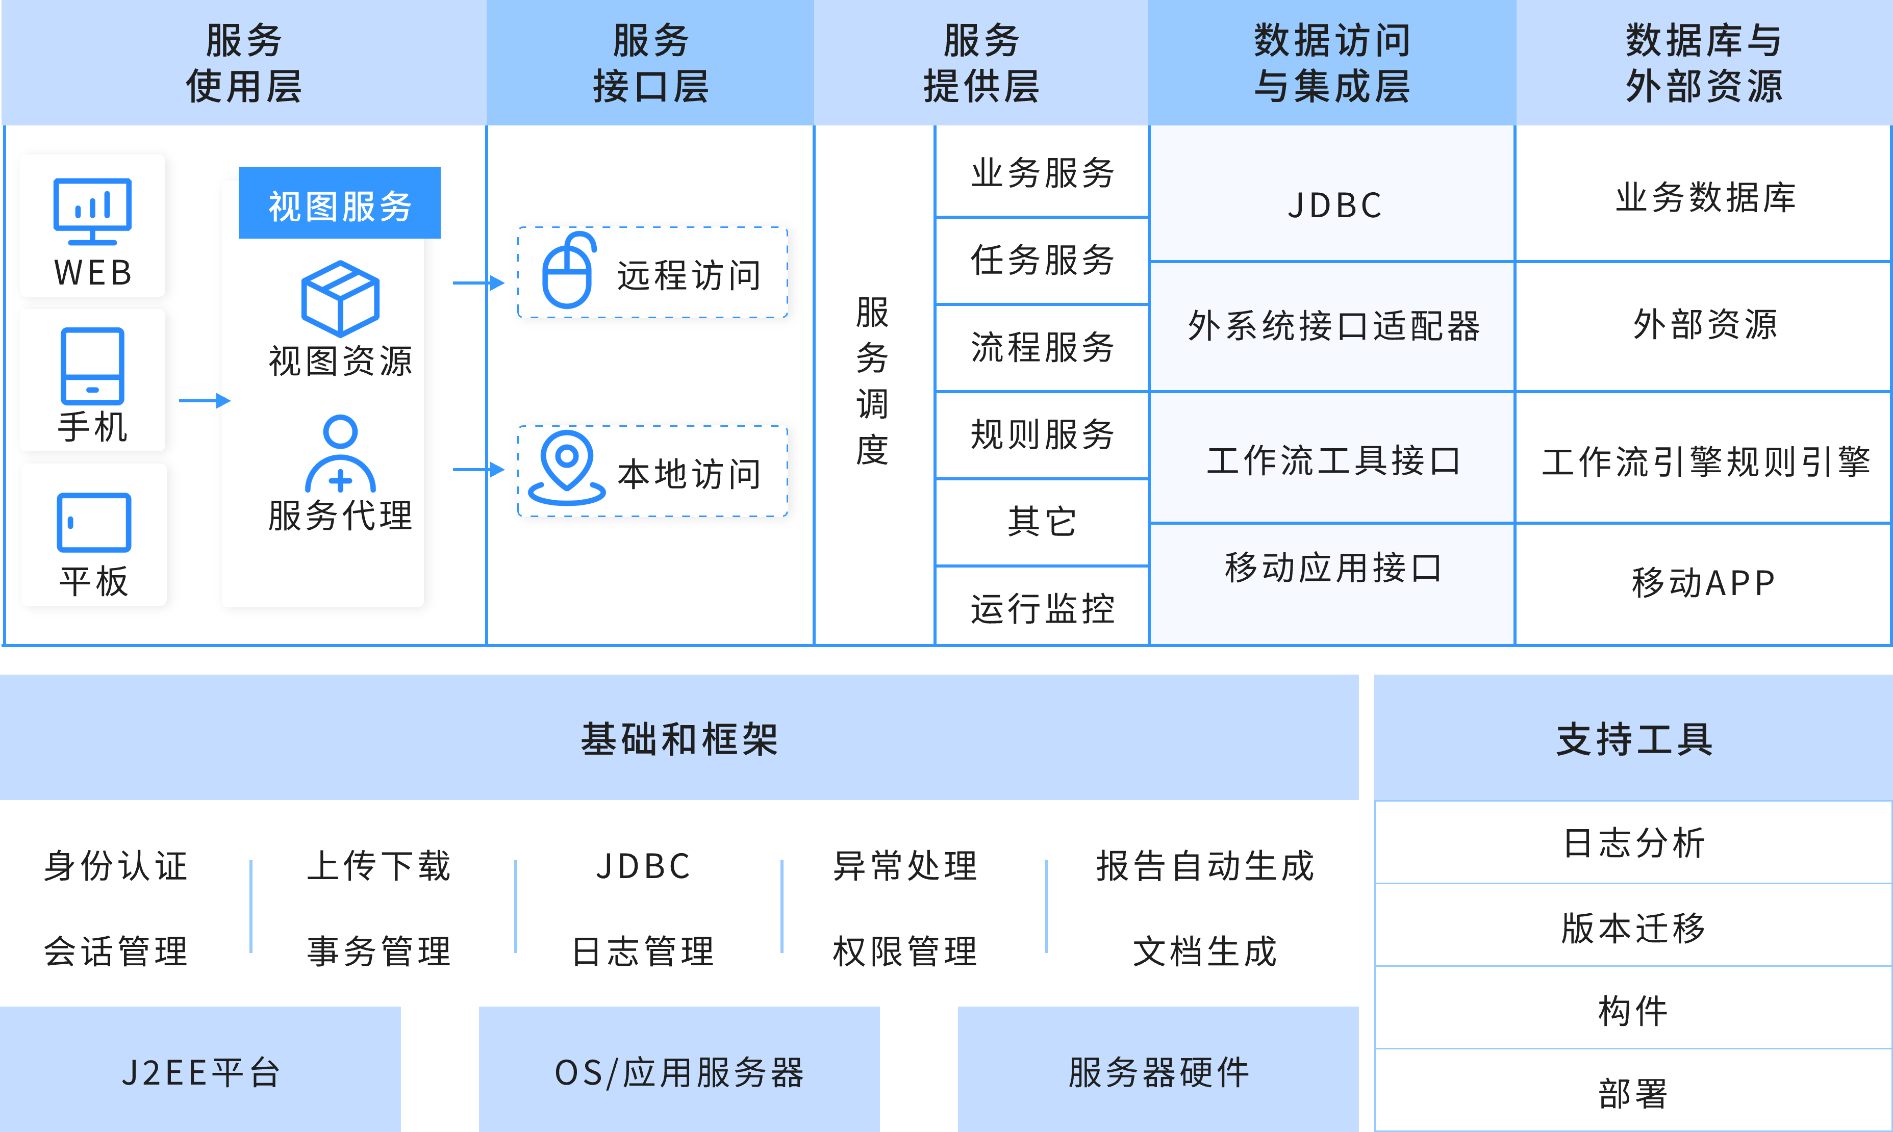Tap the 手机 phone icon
click(92, 366)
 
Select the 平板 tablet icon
click(94, 523)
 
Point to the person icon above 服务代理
click(340, 454)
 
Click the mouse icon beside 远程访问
click(568, 272)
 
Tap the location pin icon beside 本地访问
click(566, 468)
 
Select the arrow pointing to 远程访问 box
click(478, 283)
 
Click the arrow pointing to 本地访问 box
click(478, 469)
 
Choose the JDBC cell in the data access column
click(1333, 205)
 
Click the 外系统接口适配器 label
click(1333, 326)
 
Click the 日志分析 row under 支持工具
click(1633, 843)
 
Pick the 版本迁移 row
click(1633, 928)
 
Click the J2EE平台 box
click(200, 1072)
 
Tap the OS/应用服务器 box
click(679, 1072)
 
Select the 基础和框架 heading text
click(679, 738)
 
